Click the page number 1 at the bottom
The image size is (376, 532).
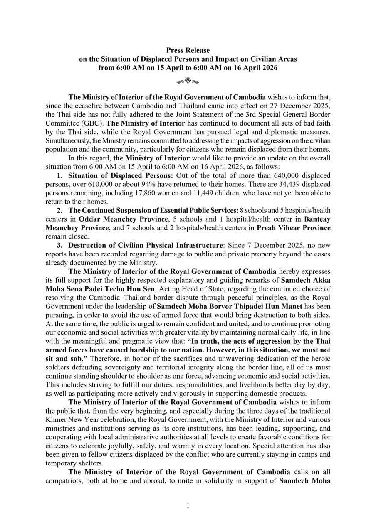coord(188,505)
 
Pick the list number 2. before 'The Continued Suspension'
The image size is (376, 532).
coord(60,211)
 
